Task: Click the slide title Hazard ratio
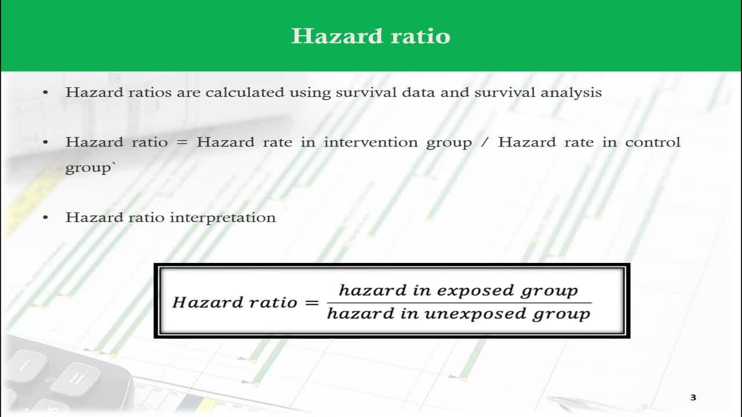click(370, 36)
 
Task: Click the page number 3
click(693, 397)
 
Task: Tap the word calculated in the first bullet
click(245, 92)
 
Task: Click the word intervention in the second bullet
click(370, 142)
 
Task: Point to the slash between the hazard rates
click(485, 142)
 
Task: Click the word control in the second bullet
click(653, 142)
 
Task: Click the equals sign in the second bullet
click(182, 143)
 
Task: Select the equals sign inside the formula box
click(312, 302)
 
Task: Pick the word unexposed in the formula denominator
click(475, 314)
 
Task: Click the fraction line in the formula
click(459, 302)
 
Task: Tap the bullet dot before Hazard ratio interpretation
click(46, 218)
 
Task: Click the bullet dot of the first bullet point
click(46, 92)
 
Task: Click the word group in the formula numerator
click(549, 291)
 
